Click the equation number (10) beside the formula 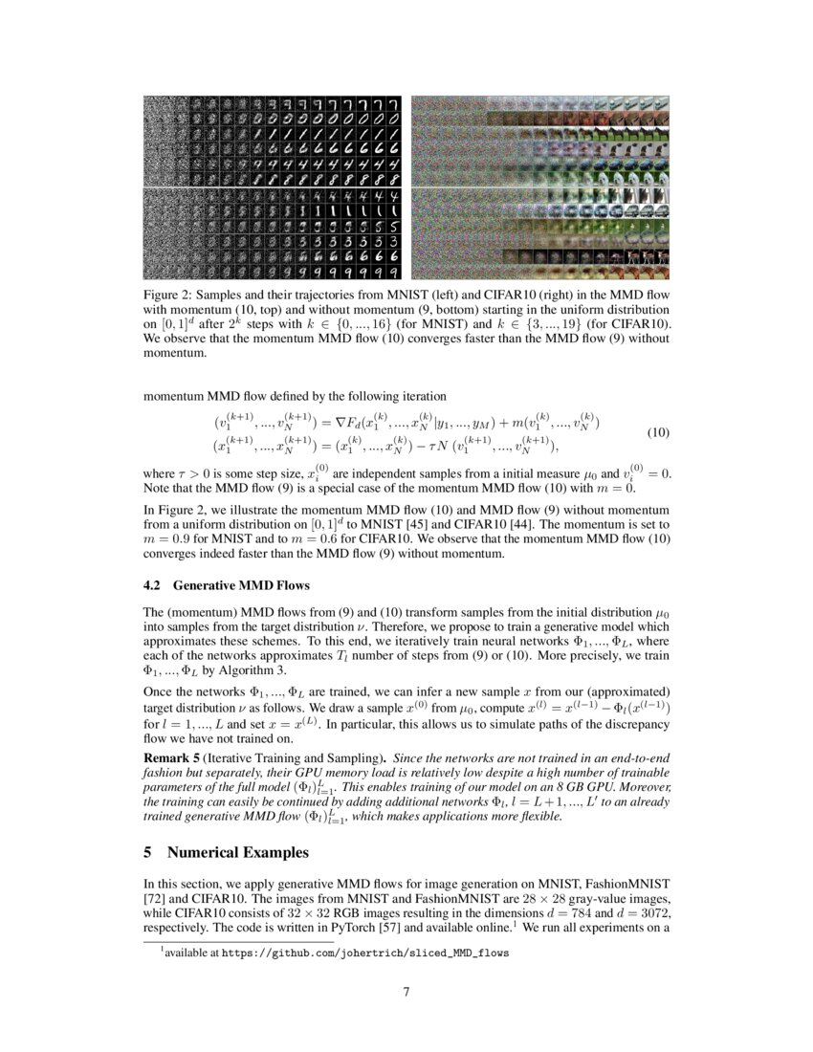click(x=658, y=432)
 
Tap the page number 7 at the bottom click(x=406, y=991)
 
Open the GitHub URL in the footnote click(x=366, y=953)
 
